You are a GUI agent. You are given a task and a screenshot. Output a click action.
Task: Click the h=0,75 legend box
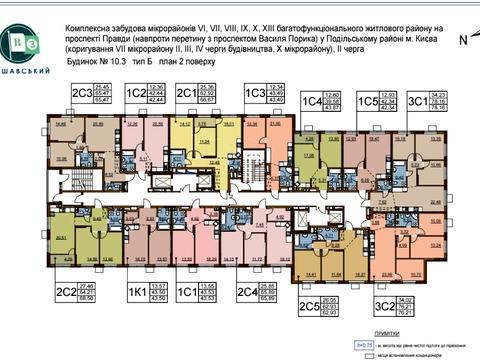pos(366,344)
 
